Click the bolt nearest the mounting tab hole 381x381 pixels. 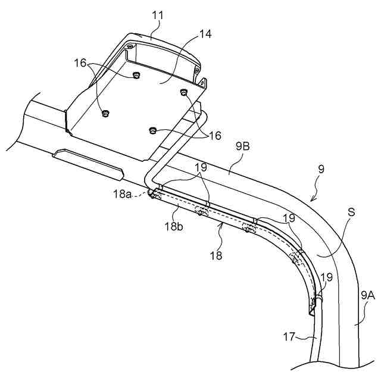pos(183,92)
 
